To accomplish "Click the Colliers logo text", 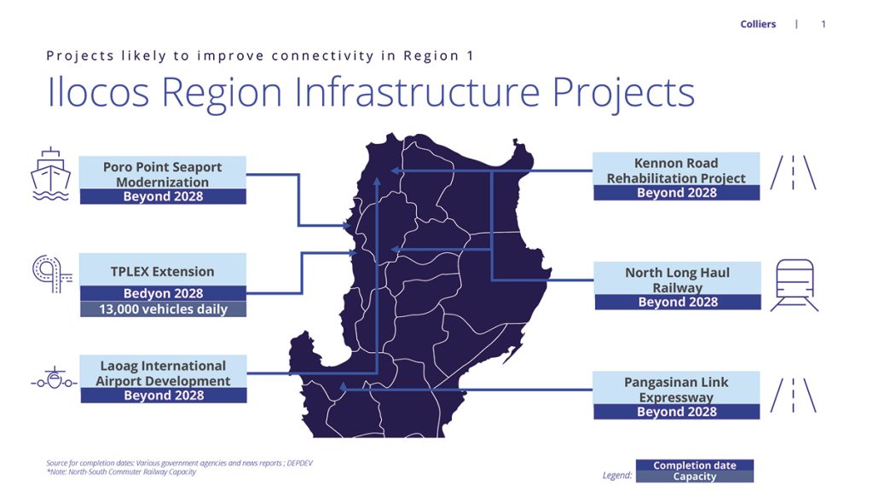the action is (758, 24).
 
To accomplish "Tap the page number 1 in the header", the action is (824, 24).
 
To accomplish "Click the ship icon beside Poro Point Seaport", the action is (50, 174).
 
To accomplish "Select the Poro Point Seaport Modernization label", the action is (163, 174).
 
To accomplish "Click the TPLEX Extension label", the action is (163, 272).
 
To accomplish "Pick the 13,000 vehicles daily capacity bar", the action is (163, 309).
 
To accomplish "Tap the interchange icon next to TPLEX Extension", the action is (52, 274).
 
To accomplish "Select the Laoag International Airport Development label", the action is (163, 373).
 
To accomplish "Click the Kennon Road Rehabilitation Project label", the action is (676, 170).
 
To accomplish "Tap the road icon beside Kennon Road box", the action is (794, 172).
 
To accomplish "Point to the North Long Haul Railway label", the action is (677, 280).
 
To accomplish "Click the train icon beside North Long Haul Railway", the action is (795, 285).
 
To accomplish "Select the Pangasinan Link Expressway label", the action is (676, 390).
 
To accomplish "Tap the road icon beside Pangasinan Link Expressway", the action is (794, 396).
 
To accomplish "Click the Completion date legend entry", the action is (695, 465).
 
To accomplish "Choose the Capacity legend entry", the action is (695, 477).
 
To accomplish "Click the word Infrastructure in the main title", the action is (417, 92).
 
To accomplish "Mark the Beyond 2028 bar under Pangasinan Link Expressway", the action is (676, 412).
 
